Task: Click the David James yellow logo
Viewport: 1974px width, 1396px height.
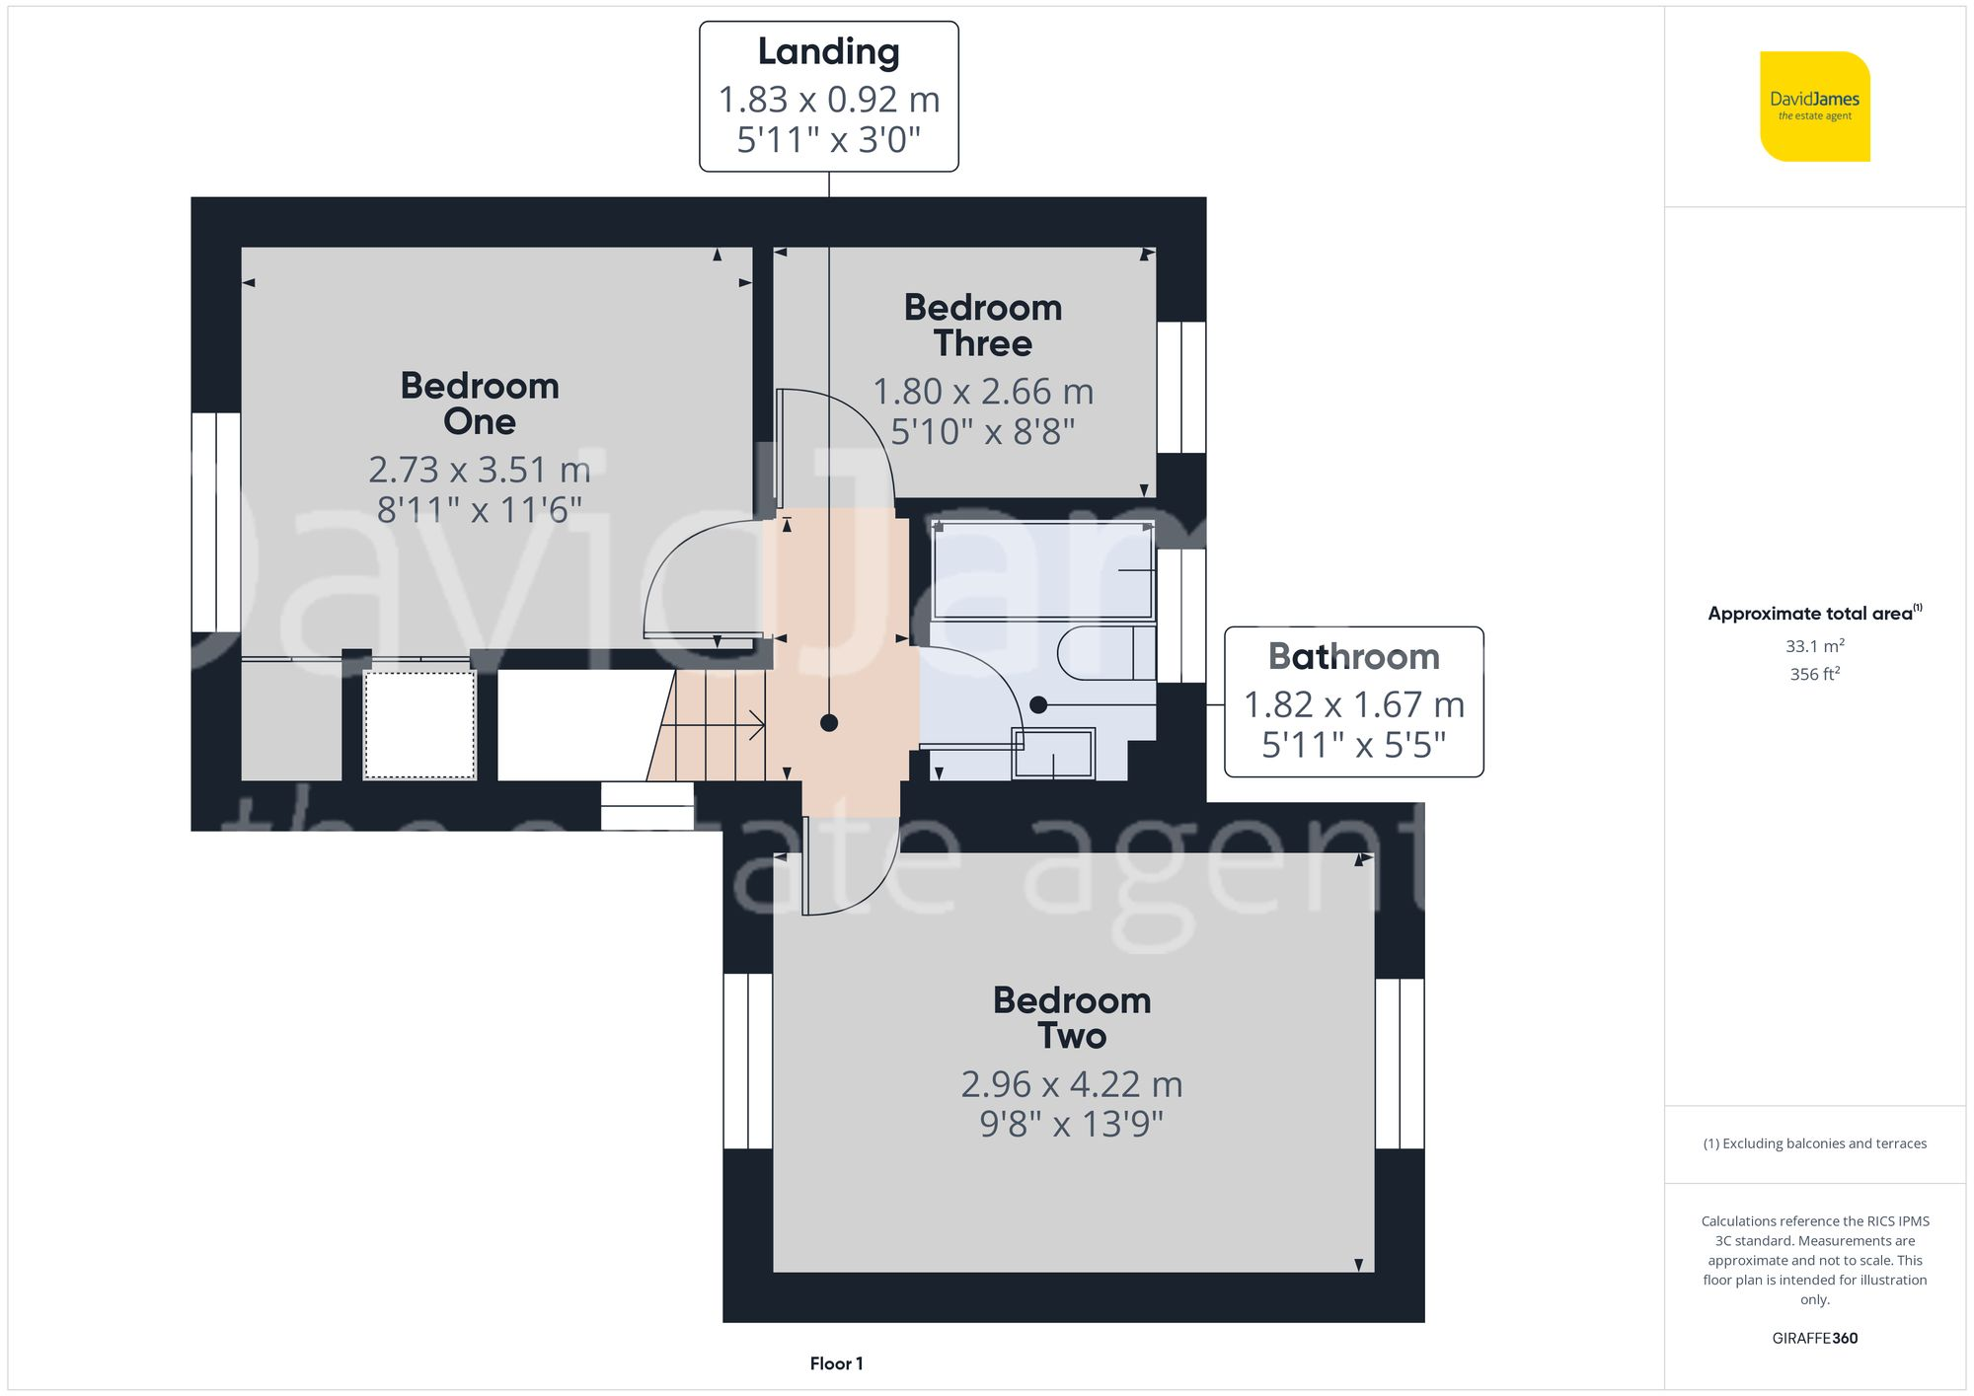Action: click(1814, 107)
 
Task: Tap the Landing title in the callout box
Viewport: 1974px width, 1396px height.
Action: click(828, 51)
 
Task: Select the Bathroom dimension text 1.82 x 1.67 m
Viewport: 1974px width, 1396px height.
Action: click(1353, 704)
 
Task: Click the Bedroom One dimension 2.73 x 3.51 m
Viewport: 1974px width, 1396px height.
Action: click(480, 470)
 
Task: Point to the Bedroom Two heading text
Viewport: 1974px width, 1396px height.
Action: click(1072, 1017)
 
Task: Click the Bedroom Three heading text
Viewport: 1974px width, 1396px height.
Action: click(983, 325)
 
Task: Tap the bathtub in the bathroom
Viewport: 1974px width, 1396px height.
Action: click(1042, 570)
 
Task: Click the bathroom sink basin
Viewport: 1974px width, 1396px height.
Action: click(1053, 754)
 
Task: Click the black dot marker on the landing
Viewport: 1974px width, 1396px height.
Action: click(829, 723)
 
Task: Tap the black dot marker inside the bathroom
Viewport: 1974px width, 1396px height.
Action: click(1037, 704)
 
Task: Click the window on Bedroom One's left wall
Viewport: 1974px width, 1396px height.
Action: click(216, 521)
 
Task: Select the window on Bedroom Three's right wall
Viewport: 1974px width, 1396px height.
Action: click(1180, 387)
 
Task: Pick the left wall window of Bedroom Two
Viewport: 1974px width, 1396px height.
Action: click(747, 1062)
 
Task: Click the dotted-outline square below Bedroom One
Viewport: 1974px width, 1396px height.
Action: click(419, 725)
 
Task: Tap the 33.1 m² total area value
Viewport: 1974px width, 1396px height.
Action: click(1814, 646)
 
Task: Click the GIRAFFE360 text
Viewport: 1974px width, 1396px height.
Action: click(1814, 1338)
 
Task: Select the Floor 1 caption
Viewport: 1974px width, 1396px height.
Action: click(836, 1363)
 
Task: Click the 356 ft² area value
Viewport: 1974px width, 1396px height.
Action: click(1814, 674)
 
